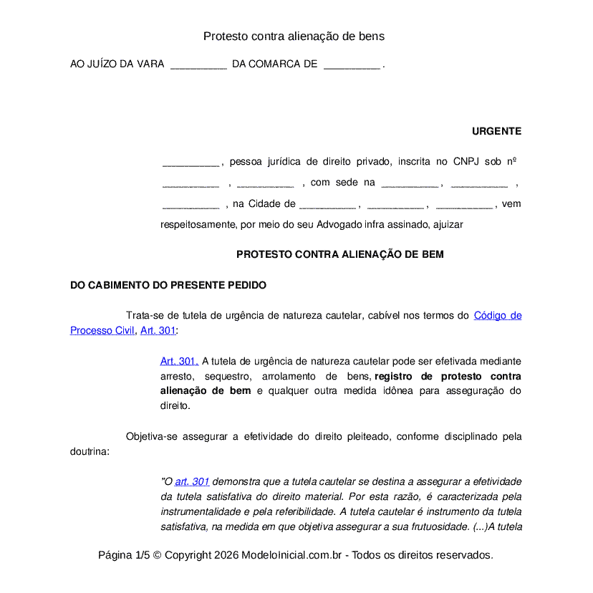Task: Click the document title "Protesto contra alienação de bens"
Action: pos(294,36)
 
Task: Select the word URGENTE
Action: pos(496,131)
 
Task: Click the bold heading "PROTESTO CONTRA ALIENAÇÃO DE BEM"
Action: pos(339,254)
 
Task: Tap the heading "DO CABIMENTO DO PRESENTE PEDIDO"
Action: pos(168,285)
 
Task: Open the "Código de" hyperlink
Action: pos(498,315)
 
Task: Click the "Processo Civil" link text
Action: pos(102,330)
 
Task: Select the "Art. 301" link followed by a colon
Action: pos(158,330)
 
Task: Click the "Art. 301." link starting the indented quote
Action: pos(179,361)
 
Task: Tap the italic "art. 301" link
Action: pos(192,481)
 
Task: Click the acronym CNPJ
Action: pos(467,162)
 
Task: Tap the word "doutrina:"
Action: pos(90,451)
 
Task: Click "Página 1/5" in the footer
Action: pos(124,555)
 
